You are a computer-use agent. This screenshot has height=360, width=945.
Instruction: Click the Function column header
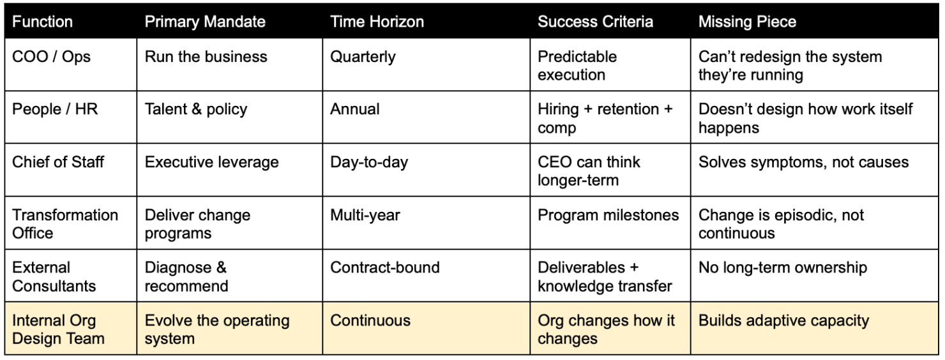pyautogui.click(x=43, y=21)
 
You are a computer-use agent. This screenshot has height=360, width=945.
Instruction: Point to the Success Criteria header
pyautogui.click(x=595, y=21)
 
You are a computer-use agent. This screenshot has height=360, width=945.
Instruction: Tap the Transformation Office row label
pyautogui.click(x=66, y=224)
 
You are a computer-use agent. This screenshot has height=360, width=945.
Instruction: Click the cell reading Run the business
pyautogui.click(x=206, y=57)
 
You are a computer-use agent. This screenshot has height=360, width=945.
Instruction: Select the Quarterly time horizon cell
pyautogui.click(x=363, y=57)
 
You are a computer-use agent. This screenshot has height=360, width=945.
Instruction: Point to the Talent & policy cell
pyautogui.click(x=196, y=109)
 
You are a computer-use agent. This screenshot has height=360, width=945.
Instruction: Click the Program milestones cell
pyautogui.click(x=609, y=215)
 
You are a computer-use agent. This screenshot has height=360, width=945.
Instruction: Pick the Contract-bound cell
pyautogui.click(x=384, y=267)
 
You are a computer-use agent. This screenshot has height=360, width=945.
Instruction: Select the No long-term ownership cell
pyautogui.click(x=783, y=267)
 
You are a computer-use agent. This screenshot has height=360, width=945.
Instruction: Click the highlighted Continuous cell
pyautogui.click(x=370, y=320)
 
